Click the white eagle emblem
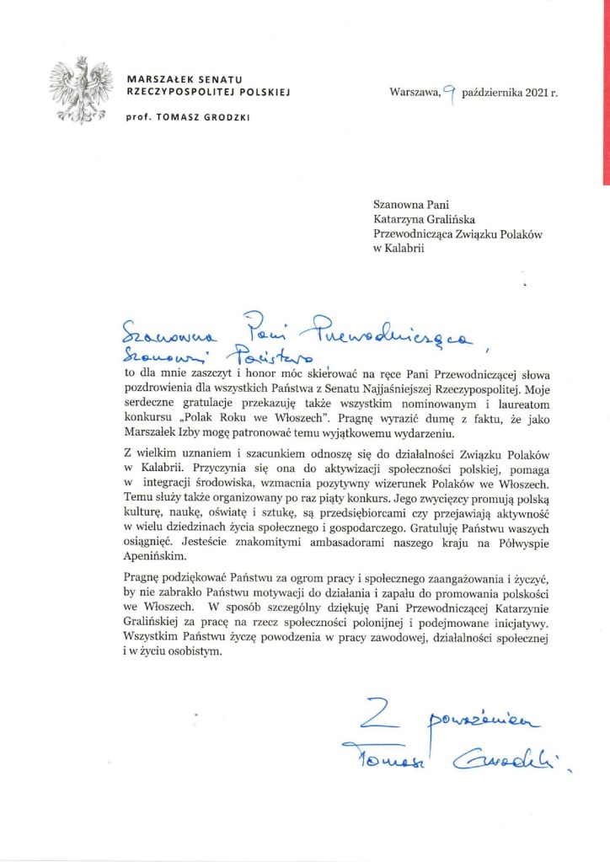point(82,88)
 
